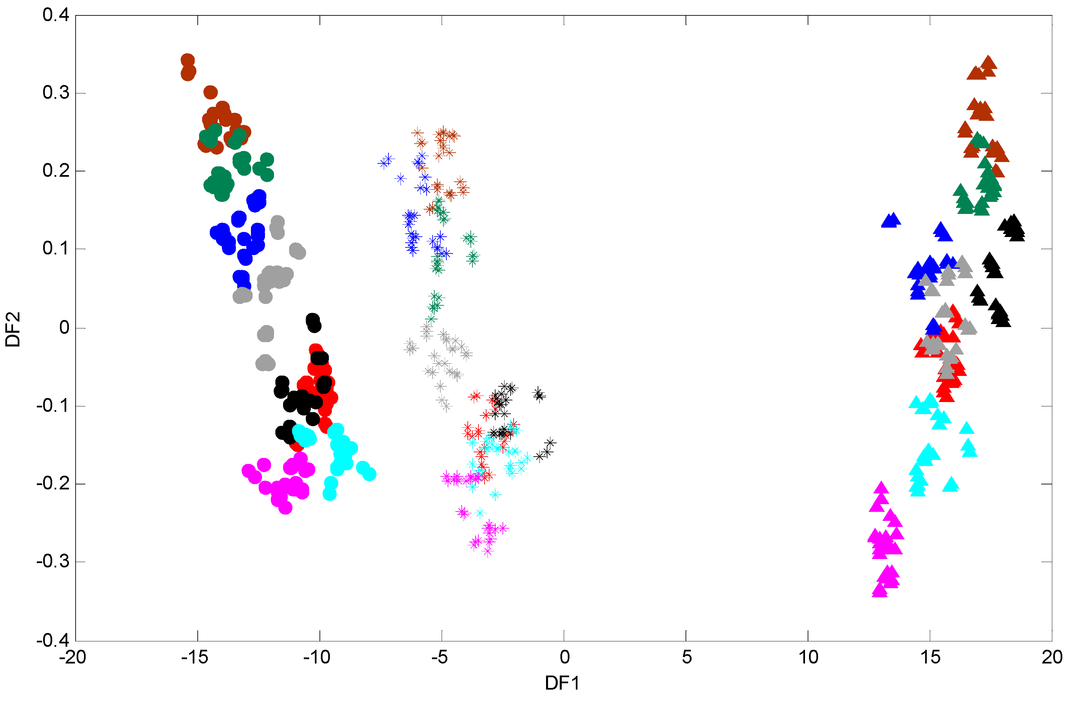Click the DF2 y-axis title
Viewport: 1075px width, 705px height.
13,329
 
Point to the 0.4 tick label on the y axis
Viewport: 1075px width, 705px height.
56,15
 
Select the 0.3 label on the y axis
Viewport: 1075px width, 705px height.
56,93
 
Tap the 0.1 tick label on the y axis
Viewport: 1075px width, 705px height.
56,248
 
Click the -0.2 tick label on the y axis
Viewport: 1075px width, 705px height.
53,484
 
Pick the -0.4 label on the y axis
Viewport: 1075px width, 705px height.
53,640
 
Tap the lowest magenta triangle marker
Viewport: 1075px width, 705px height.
879,591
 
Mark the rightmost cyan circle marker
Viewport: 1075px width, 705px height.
369,474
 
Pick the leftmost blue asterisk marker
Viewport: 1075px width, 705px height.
384,163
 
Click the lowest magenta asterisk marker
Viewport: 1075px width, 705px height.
487,551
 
